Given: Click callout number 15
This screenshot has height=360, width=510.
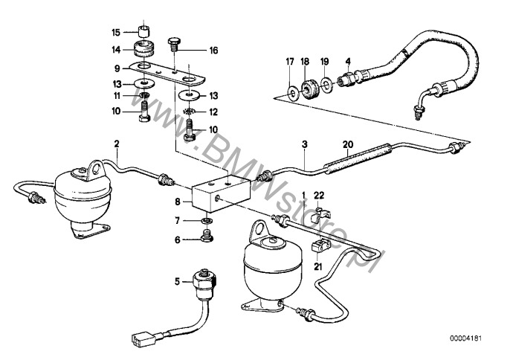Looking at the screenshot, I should pos(115,33).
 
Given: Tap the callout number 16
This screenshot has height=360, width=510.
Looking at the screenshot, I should pos(214,51).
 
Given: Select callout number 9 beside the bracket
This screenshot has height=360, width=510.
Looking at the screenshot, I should pos(116,68).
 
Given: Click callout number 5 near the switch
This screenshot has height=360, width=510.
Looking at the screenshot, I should pos(177,282).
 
